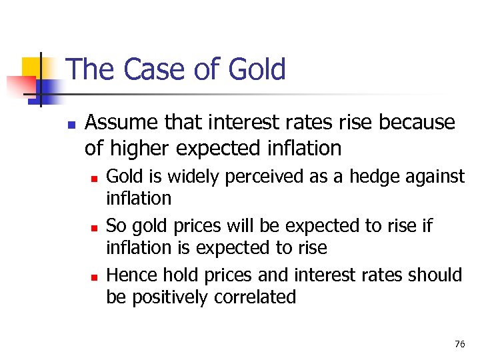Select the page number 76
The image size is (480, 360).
tap(459, 344)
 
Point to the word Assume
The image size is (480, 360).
tap(122, 123)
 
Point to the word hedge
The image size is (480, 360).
tap(365, 177)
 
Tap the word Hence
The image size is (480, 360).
tap(130, 275)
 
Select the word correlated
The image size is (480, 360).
tap(255, 297)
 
